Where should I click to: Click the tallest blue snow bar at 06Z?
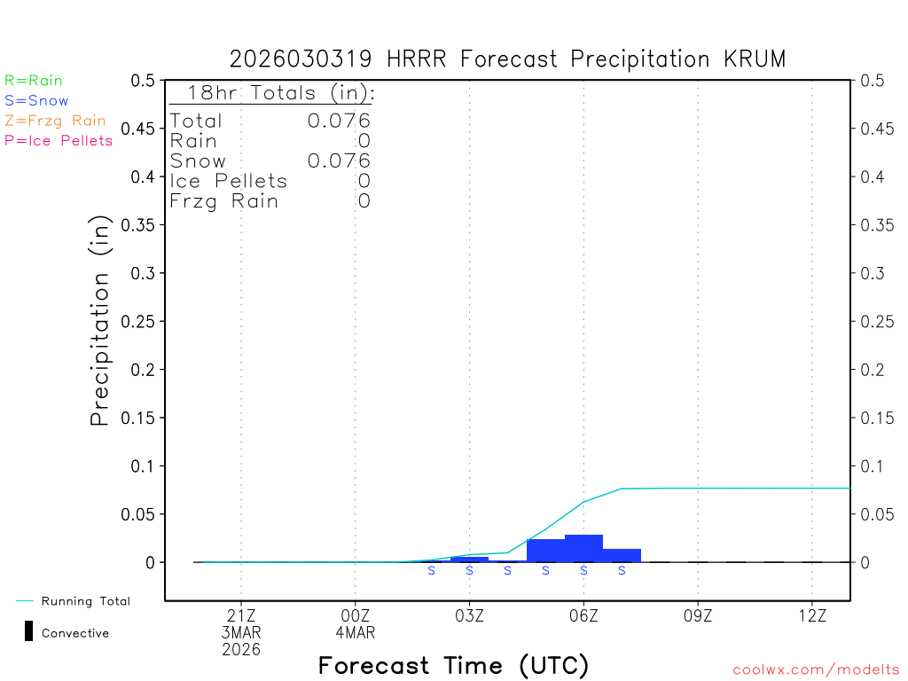click(583, 548)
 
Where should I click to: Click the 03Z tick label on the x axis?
click(469, 615)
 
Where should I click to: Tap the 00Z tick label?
click(356, 615)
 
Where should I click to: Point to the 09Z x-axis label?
click(698, 615)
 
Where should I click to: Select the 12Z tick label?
click(812, 615)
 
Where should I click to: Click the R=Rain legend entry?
click(34, 81)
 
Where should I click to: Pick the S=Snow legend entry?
click(36, 100)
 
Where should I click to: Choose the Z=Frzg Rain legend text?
click(55, 121)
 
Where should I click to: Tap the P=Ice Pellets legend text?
click(59, 140)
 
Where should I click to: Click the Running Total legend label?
click(85, 601)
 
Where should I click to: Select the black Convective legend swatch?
click(28, 631)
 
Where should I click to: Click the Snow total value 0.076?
click(339, 160)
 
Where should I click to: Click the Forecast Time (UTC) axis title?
click(453, 665)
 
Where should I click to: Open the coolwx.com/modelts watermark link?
click(816, 669)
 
